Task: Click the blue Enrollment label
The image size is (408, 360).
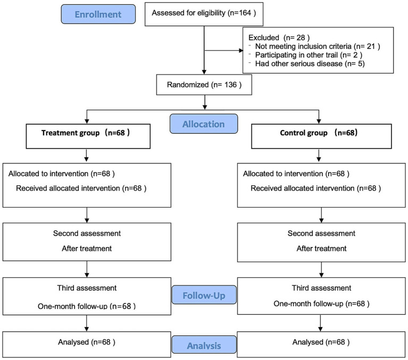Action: pos(98,14)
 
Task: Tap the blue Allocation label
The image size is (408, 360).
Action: pos(204,124)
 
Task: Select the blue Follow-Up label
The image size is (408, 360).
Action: pos(204,295)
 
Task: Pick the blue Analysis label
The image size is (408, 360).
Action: pos(204,345)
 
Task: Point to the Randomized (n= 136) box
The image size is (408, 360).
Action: pos(204,85)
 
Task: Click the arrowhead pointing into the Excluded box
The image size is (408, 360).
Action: pos(241,50)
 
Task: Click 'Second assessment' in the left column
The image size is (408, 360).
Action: pos(87,233)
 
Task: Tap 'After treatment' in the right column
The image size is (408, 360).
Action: pos(322,248)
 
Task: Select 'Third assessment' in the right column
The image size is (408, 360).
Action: pos(321,288)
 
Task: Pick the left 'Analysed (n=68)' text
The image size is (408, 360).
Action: pos(87,342)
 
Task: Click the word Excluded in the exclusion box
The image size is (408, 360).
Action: pos(264,37)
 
